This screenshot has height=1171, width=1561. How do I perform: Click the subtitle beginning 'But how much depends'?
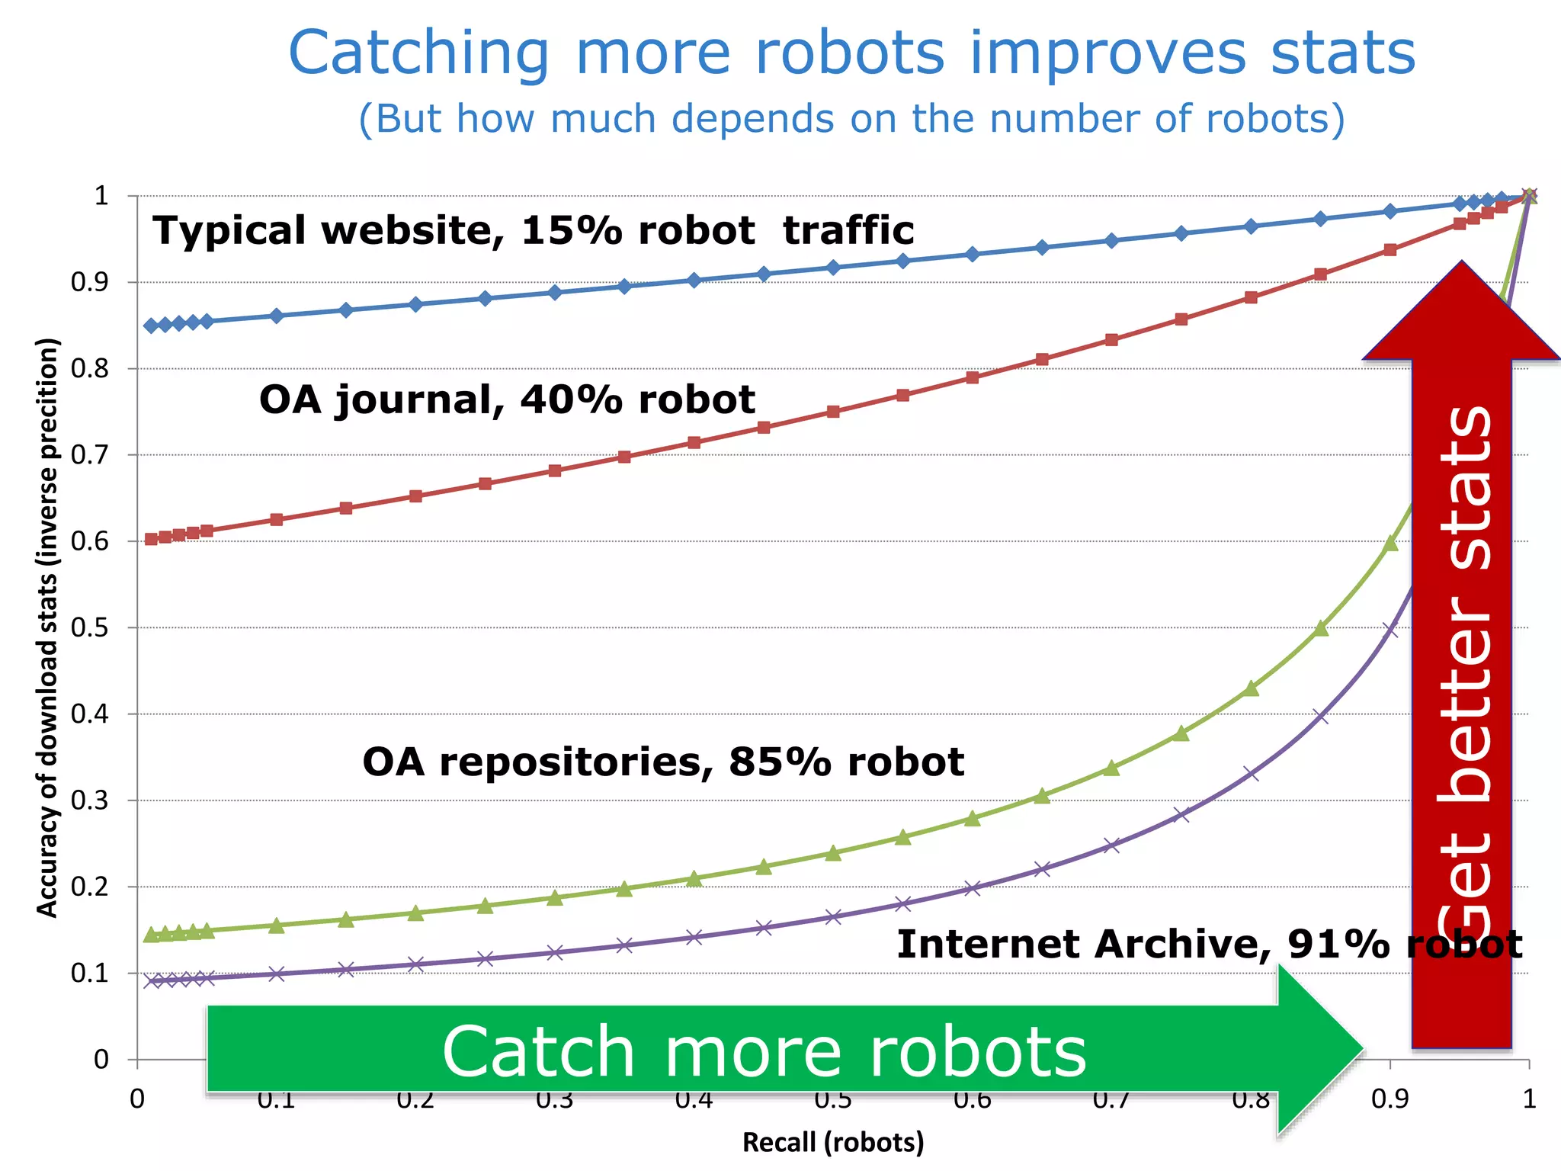(x=851, y=119)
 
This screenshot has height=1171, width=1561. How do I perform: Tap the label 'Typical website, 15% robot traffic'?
(x=533, y=230)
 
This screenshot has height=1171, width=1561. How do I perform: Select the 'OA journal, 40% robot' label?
(x=507, y=399)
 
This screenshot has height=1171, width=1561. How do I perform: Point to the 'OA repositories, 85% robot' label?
(x=663, y=762)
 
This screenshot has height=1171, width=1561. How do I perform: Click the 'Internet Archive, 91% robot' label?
(x=1210, y=944)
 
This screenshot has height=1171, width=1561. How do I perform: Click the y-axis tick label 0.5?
(x=89, y=628)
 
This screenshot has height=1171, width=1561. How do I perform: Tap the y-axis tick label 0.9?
(x=89, y=283)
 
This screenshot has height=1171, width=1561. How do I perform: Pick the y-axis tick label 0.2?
(x=89, y=887)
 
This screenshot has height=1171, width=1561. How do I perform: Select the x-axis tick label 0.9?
(x=1390, y=1099)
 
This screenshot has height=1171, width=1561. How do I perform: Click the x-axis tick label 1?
(x=1528, y=1099)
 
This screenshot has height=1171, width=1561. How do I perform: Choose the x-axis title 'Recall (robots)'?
(x=833, y=1142)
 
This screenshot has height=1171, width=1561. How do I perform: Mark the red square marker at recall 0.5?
(x=833, y=412)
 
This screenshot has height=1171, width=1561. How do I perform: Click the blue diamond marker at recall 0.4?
(x=694, y=281)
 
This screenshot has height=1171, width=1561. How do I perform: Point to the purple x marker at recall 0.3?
(x=555, y=952)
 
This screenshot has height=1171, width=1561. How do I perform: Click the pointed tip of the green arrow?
(x=1363, y=1049)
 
